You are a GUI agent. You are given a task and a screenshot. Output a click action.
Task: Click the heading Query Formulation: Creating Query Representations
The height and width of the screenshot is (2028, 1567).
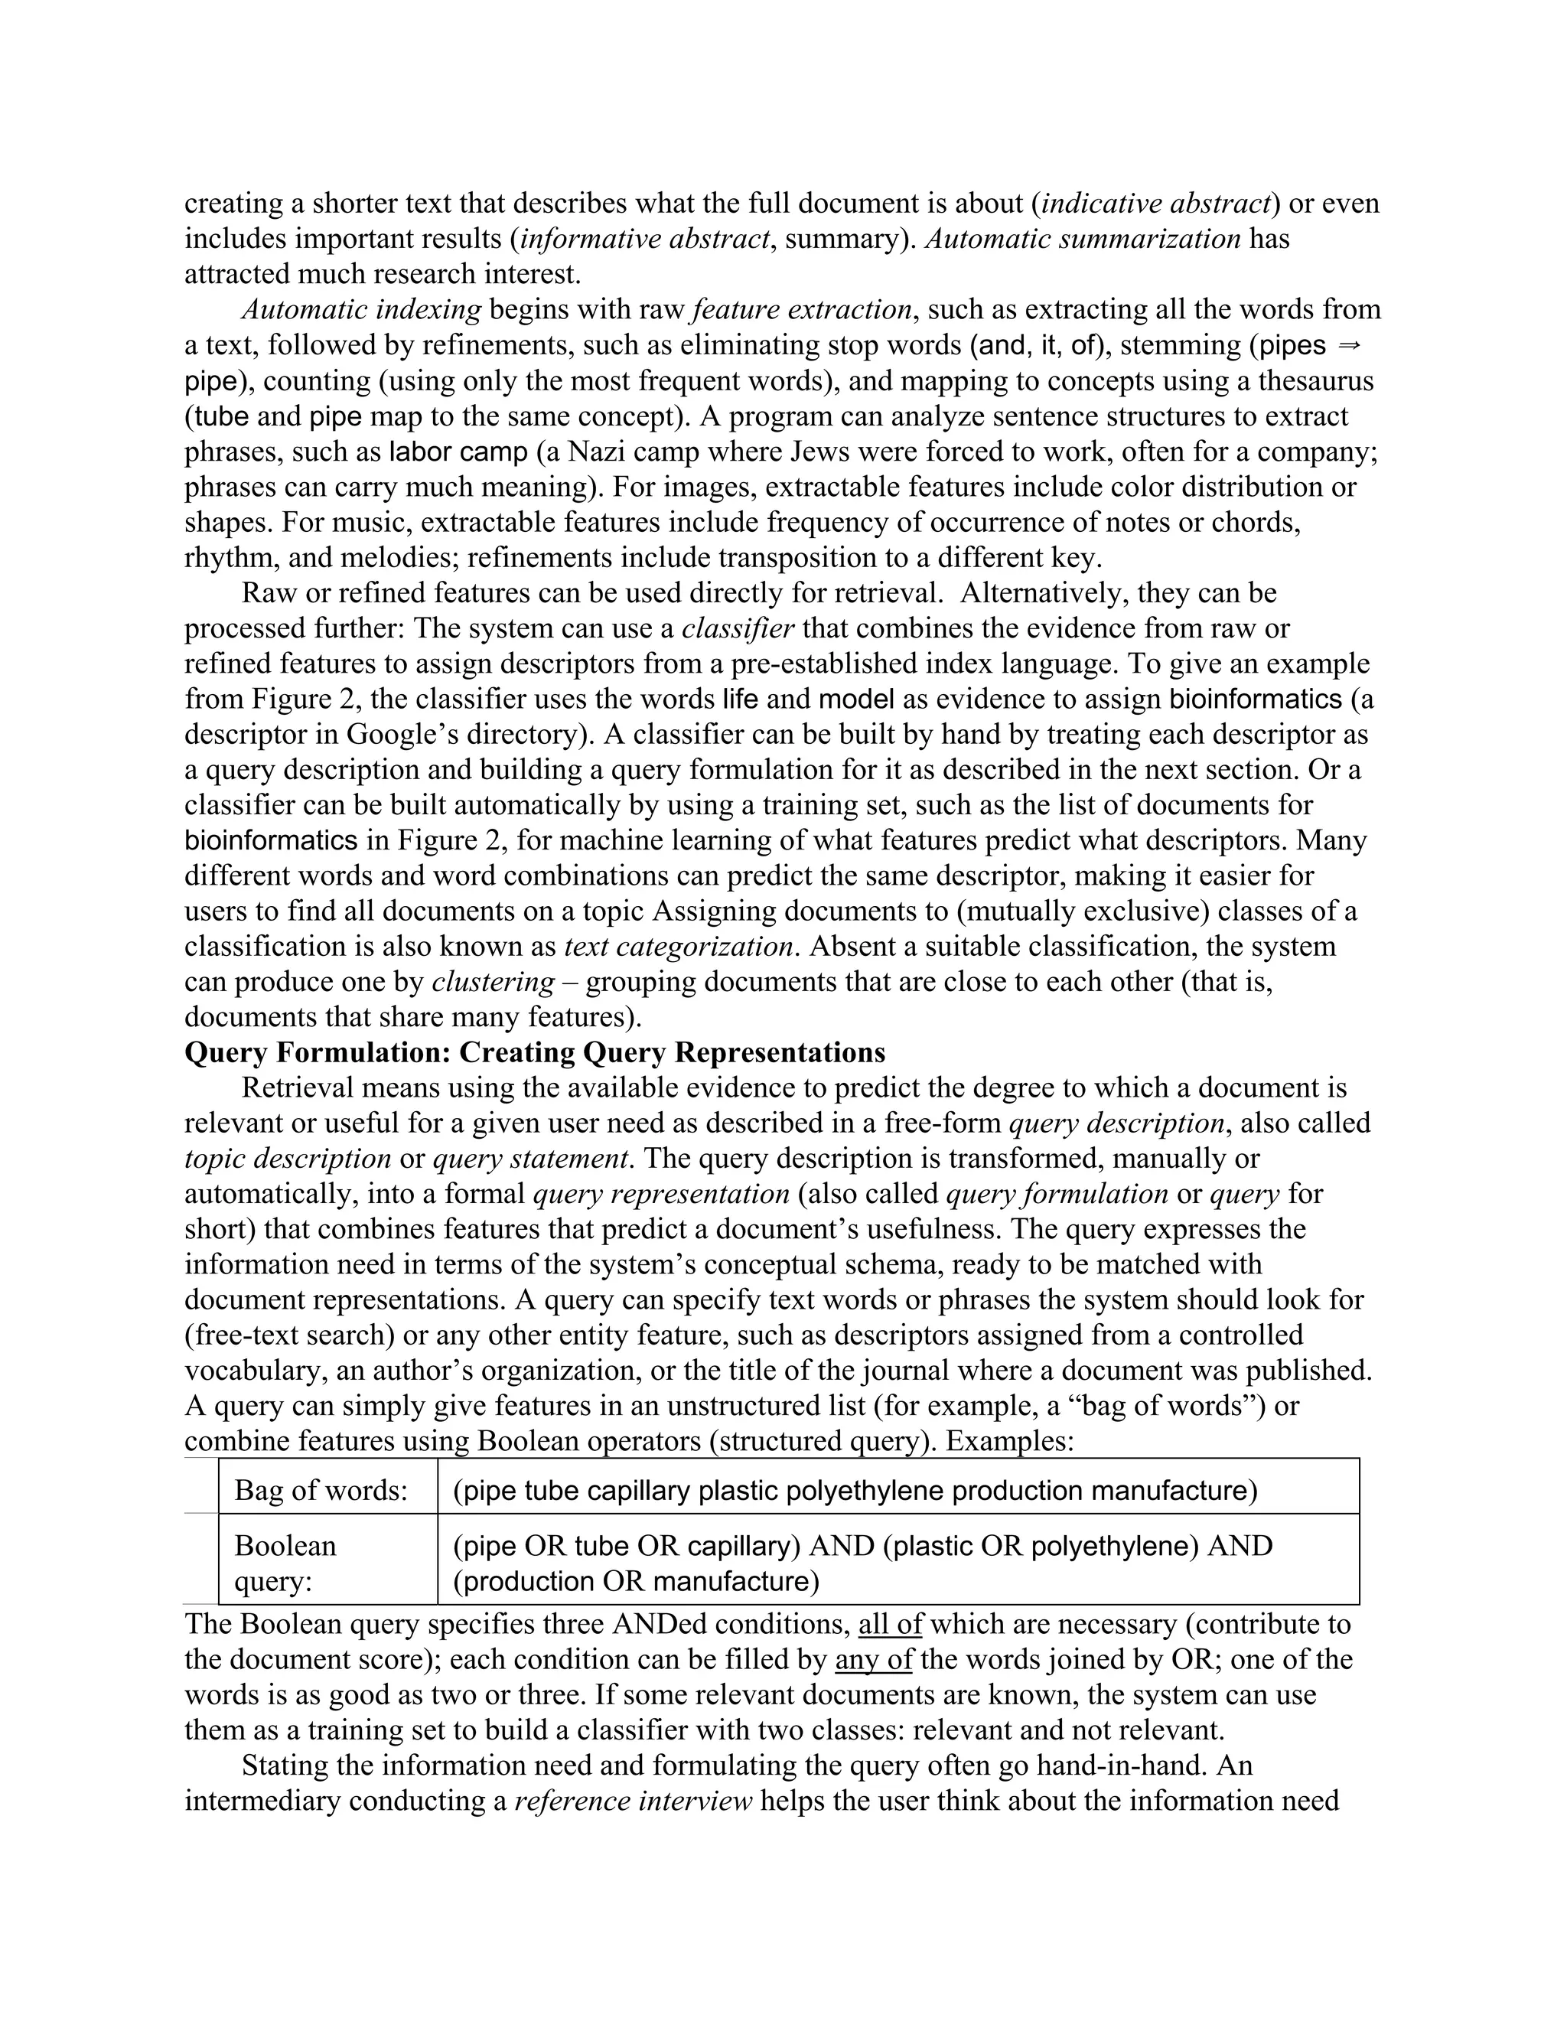pyautogui.click(x=535, y=1052)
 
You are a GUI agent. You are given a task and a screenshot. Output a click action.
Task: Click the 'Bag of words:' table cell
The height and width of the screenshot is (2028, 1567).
pyautogui.click(x=321, y=1490)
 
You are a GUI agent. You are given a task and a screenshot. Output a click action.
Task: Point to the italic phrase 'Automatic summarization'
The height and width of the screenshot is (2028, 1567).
pyautogui.click(x=1083, y=239)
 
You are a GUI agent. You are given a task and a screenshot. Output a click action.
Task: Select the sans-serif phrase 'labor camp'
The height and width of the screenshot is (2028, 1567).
pyautogui.click(x=458, y=452)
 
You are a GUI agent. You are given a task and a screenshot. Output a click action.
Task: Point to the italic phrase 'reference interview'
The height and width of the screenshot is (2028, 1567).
pyautogui.click(x=632, y=1801)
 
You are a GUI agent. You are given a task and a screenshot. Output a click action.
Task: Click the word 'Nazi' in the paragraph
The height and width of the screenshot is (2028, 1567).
pyautogui.click(x=594, y=452)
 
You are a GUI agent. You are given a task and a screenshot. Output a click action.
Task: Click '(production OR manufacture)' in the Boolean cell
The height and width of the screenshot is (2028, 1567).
pyautogui.click(x=636, y=1580)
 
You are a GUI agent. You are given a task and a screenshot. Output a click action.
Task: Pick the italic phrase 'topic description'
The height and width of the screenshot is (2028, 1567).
pyautogui.click(x=288, y=1159)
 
